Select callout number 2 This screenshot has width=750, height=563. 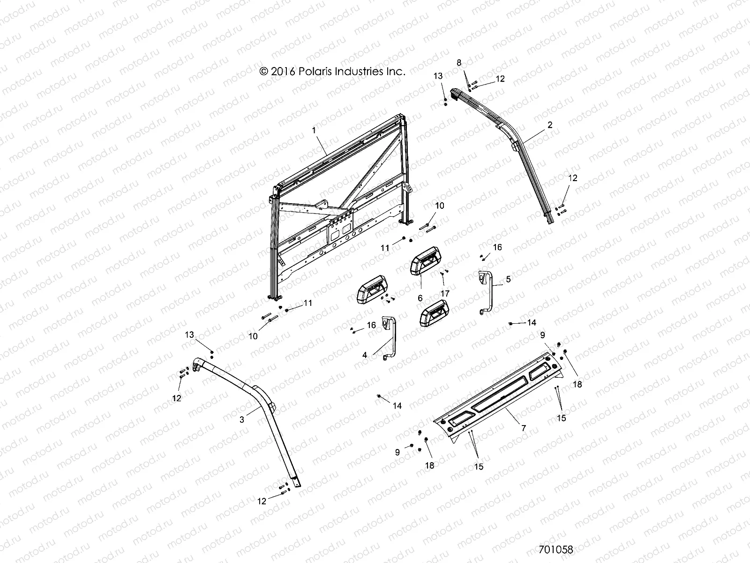click(550, 125)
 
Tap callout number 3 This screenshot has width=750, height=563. click(242, 420)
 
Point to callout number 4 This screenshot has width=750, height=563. click(365, 355)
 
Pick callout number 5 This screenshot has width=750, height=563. click(509, 279)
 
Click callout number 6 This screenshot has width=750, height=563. click(420, 298)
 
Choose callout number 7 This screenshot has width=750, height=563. click(524, 428)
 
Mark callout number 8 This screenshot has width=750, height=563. click(459, 62)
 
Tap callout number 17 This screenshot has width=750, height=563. click(445, 293)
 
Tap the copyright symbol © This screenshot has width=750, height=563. click(263, 71)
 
